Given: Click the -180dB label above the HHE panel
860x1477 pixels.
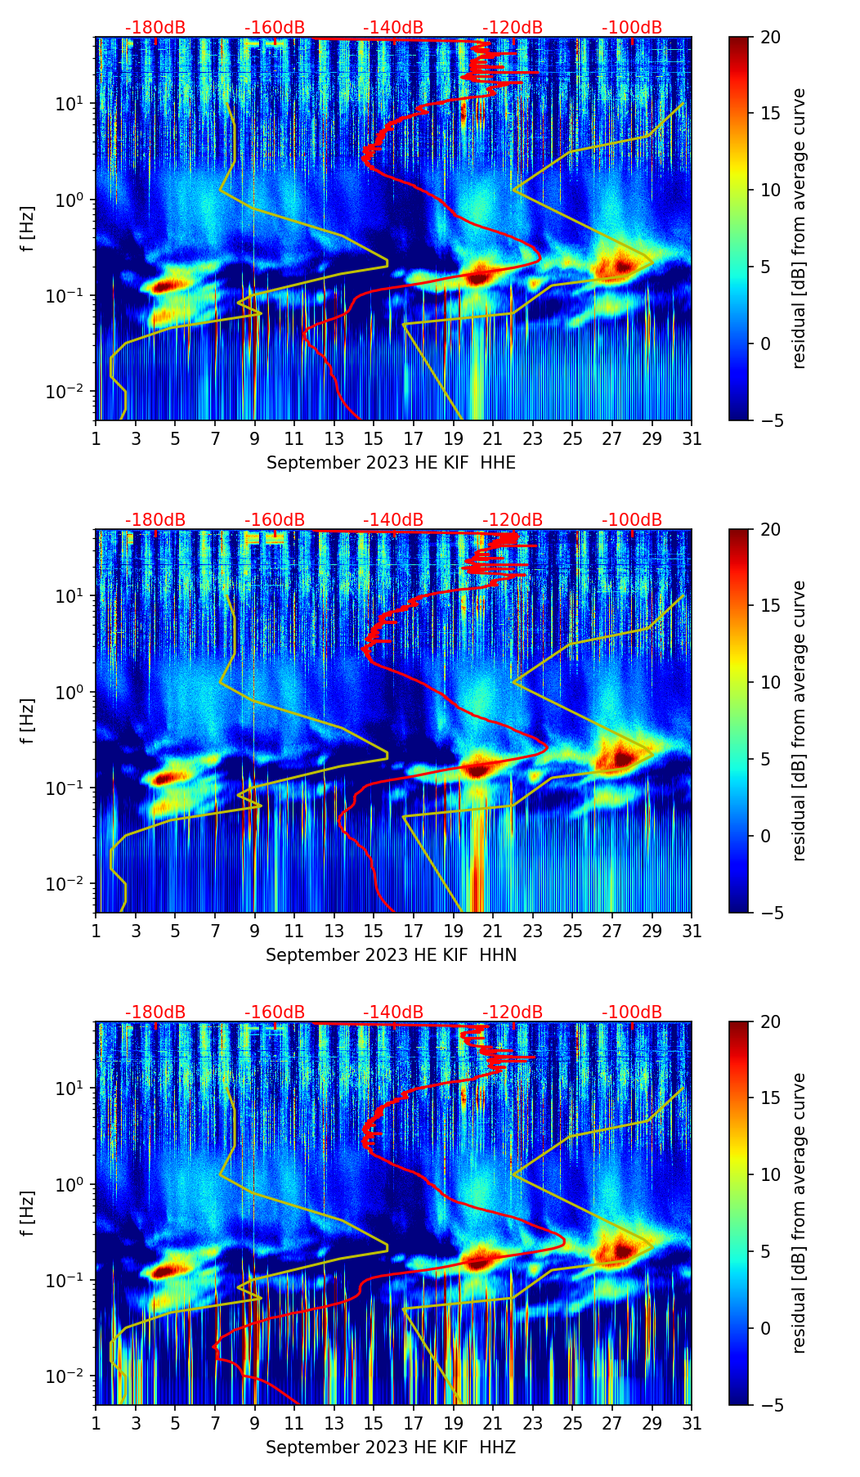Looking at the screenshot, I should pos(155,28).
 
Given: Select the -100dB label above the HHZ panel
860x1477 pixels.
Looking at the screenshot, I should pos(632,1012).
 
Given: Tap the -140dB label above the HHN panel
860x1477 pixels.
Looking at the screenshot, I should pos(393,520).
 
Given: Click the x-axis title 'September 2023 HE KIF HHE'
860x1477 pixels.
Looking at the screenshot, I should pos(391,463).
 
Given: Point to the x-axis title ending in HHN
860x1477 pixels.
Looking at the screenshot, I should pos(391,955).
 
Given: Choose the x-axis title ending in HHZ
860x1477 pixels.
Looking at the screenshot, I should pos(391,1448).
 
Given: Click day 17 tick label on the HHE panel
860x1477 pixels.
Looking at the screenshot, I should pos(413,438).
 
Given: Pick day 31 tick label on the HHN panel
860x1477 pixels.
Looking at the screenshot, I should pos(692,931).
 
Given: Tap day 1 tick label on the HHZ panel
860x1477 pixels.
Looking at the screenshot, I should pos(96,1423).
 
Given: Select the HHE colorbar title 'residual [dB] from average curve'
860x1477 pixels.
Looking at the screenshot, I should pos(799,228).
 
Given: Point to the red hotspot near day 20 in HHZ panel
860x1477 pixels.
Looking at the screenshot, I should pos(477,1260).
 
